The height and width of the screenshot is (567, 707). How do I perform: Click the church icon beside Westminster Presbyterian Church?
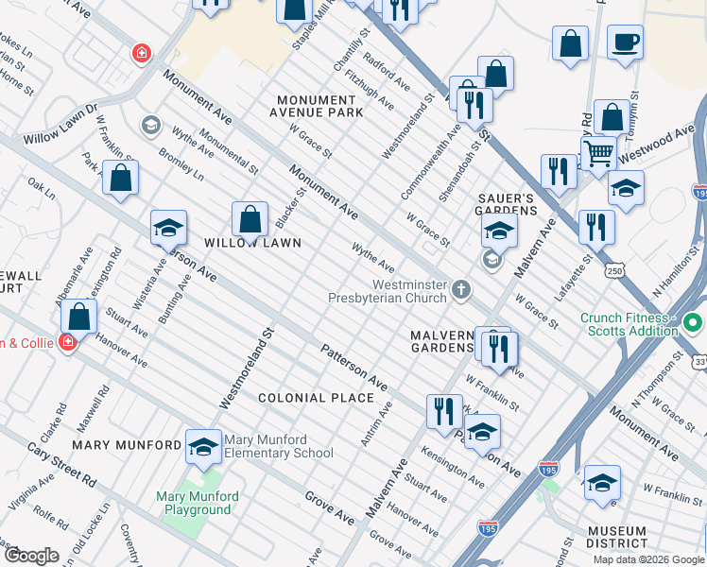tap(460, 290)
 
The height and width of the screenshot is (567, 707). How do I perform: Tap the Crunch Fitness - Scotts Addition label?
tap(629, 324)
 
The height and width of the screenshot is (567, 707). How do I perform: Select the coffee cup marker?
tap(626, 43)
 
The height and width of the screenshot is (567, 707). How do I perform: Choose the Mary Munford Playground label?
tap(198, 503)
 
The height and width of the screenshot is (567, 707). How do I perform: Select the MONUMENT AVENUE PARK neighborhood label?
tap(320, 106)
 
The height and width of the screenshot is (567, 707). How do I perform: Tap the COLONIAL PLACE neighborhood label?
tap(317, 398)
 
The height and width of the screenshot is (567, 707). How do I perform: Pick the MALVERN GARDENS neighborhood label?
tap(441, 342)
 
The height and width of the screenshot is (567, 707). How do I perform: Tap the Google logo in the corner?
tap(30, 556)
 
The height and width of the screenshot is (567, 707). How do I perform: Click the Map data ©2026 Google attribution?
tap(648, 559)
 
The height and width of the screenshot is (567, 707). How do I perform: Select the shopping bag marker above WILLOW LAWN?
tap(249, 221)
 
